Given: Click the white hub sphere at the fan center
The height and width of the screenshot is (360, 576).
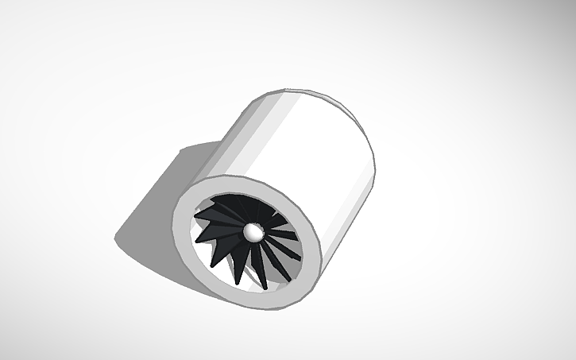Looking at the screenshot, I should click(x=253, y=231).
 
